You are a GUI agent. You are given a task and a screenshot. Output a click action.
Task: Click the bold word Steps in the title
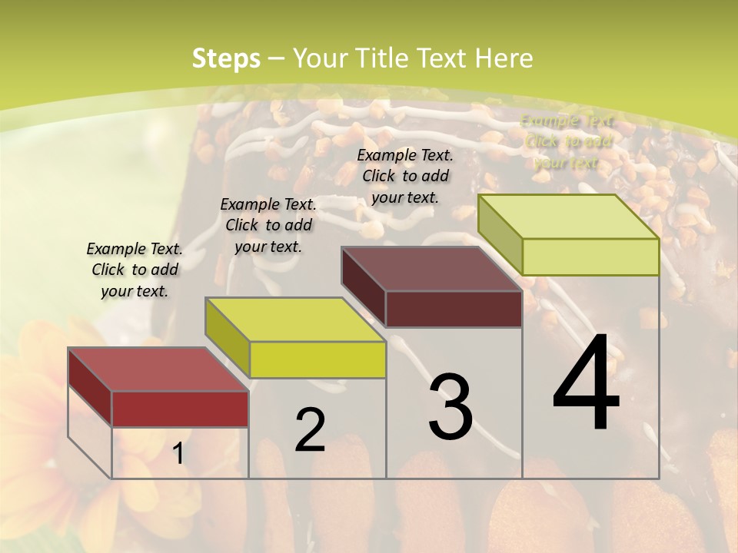226,58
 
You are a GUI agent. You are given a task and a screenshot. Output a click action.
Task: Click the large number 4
586,384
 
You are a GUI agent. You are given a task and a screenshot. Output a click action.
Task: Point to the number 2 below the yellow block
310,430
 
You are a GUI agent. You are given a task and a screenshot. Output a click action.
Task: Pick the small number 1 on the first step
178,454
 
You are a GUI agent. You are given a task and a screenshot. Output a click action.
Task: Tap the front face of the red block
180,409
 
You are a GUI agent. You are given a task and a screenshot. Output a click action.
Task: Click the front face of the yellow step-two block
317,359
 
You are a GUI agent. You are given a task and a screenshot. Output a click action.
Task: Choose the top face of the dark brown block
431,269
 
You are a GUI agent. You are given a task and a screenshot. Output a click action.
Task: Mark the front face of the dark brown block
454,309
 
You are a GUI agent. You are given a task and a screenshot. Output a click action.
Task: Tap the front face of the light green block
590,257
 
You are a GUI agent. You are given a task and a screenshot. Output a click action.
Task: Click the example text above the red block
135,270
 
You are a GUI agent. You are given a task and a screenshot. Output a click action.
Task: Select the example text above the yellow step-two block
268,225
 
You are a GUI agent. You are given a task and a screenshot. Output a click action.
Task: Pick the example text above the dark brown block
405,176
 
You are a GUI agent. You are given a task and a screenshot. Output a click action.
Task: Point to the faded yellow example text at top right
567,141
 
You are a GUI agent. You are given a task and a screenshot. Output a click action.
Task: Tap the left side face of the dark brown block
363,287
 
